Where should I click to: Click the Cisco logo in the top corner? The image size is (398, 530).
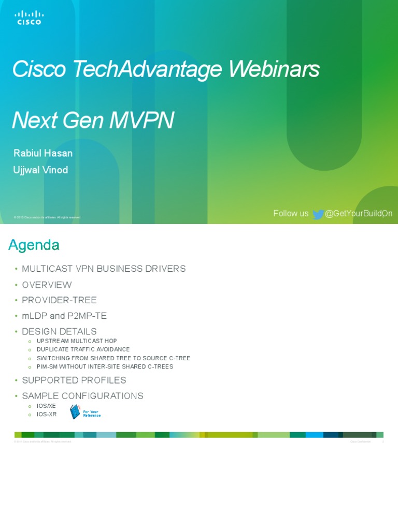click(x=29, y=19)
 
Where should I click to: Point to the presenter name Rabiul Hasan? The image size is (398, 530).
click(x=42, y=153)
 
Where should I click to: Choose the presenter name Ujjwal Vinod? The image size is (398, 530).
click(x=40, y=170)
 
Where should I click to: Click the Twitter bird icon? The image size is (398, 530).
click(x=318, y=214)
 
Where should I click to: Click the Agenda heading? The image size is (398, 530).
click(x=34, y=245)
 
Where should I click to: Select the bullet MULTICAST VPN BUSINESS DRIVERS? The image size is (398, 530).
click(x=104, y=269)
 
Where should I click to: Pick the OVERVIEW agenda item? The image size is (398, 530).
click(x=47, y=285)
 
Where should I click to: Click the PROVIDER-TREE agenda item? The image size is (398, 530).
click(x=59, y=300)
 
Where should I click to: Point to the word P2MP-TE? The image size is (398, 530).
click(x=91, y=316)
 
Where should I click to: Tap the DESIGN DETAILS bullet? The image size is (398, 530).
click(x=59, y=331)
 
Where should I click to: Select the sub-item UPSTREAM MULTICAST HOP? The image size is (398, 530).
click(x=77, y=341)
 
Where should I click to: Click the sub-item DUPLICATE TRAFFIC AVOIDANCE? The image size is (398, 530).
click(x=83, y=349)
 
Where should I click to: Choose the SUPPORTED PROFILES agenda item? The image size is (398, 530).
click(x=74, y=380)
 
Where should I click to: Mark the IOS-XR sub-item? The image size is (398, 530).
click(x=46, y=414)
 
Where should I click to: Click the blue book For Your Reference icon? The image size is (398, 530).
click(x=76, y=412)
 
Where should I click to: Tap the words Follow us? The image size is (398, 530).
click(x=291, y=214)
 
